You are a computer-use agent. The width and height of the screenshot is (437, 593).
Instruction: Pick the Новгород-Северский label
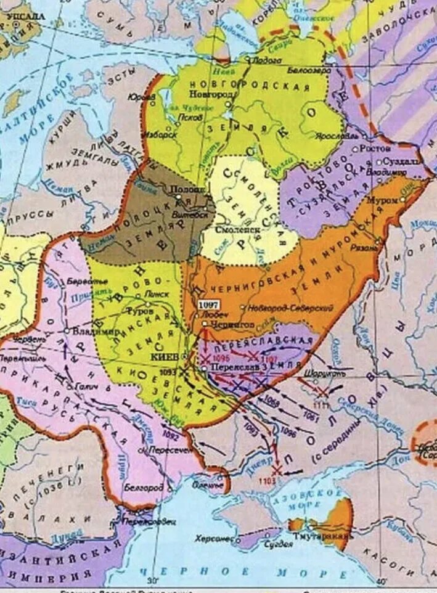pos(290,308)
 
